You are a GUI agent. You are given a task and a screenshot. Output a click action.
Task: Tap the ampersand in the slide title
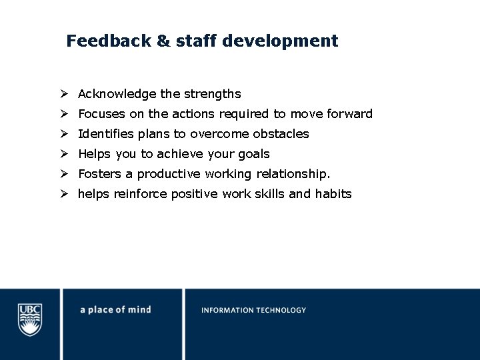(x=163, y=41)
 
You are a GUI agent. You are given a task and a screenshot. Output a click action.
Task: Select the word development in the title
(x=280, y=41)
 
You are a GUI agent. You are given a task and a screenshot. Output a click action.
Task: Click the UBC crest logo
(x=29, y=319)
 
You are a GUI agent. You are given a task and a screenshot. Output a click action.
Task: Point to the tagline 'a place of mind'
(x=115, y=310)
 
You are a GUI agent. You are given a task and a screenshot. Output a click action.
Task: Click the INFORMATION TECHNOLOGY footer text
(x=253, y=310)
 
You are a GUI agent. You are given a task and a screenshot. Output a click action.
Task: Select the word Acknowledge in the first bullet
(x=115, y=94)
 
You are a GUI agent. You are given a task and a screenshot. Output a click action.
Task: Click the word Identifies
(x=105, y=134)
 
